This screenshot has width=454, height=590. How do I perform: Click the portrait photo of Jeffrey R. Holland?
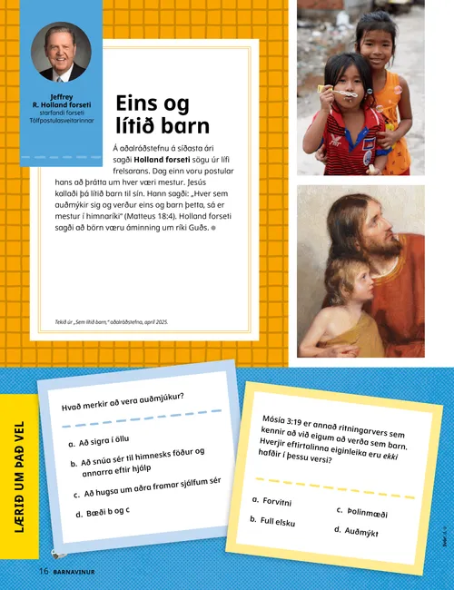tap(61, 53)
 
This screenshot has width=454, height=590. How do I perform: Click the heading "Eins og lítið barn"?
tap(163, 114)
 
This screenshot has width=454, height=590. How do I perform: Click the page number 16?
tap(43, 571)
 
